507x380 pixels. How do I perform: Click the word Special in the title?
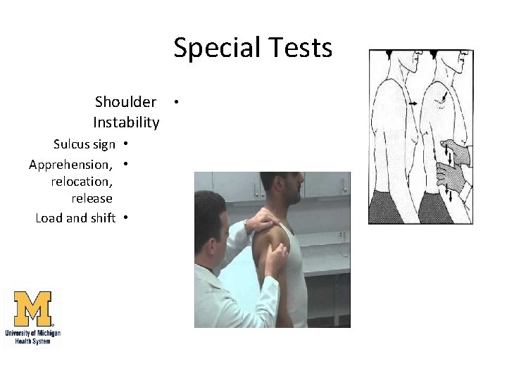214,49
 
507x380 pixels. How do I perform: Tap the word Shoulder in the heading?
125,102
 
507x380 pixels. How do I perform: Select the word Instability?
126,122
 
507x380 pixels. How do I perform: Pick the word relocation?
82,182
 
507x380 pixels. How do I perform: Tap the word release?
92,198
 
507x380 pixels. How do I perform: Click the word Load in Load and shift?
49,217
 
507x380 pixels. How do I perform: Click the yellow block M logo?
33,309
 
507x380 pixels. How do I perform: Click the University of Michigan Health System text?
33,336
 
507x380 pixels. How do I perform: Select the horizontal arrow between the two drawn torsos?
412,103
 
